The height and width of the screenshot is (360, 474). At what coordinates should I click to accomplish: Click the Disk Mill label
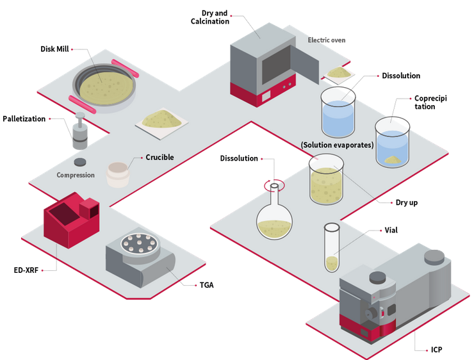(x=54, y=49)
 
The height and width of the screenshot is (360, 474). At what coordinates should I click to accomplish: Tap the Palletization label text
(x=24, y=119)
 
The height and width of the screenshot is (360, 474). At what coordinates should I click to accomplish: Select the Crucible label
(x=159, y=158)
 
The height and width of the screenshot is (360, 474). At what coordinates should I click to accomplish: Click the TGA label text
(x=206, y=285)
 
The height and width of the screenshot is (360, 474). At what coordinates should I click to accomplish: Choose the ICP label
(x=436, y=350)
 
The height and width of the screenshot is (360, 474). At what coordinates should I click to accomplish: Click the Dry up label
(x=406, y=203)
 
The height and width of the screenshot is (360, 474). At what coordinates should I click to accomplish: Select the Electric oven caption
(x=326, y=40)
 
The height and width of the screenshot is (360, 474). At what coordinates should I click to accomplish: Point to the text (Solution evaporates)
(x=337, y=145)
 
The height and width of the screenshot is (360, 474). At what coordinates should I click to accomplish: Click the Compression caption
(x=75, y=175)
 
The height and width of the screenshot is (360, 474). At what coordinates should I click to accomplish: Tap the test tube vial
(x=332, y=247)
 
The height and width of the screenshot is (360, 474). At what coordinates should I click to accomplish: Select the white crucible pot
(x=117, y=174)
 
